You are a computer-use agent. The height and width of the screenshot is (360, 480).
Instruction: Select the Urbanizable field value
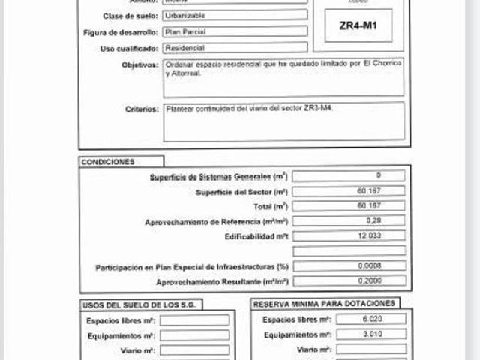click(x=235, y=16)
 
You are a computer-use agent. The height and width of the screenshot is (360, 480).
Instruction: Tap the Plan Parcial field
click(x=235, y=31)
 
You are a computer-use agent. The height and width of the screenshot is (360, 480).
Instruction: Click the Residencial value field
click(x=235, y=47)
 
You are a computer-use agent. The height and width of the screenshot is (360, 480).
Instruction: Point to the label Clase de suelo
click(x=129, y=16)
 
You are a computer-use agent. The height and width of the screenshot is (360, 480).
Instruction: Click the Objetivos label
click(x=139, y=64)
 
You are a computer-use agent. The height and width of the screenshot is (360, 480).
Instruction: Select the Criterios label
click(x=142, y=109)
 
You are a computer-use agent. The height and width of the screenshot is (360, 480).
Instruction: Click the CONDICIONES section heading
click(x=108, y=162)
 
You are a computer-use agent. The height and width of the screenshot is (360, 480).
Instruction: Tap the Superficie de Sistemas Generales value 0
click(x=349, y=176)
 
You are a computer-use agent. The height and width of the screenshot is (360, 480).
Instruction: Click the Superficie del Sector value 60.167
click(x=349, y=191)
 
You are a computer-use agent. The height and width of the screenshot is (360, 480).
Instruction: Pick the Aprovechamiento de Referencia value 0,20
click(x=349, y=221)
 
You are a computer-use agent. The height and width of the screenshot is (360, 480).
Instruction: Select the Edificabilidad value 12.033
click(x=349, y=236)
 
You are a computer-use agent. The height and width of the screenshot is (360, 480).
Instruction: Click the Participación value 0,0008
click(x=349, y=266)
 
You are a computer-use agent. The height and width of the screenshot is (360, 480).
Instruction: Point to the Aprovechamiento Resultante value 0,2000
click(x=349, y=281)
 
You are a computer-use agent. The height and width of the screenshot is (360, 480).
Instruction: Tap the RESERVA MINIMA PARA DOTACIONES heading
click(x=324, y=304)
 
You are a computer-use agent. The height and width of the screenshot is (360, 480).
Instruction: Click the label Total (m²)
click(x=271, y=206)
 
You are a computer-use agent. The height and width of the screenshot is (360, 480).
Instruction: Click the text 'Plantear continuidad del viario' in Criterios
click(x=217, y=109)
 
